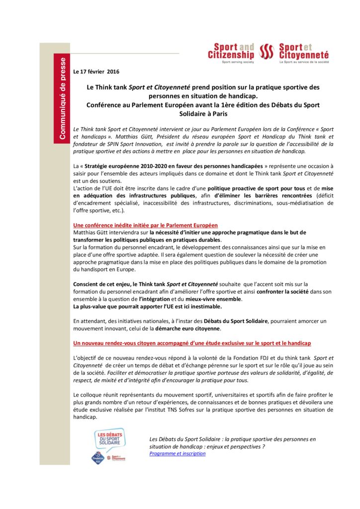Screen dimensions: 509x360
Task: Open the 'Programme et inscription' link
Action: point(177,453)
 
